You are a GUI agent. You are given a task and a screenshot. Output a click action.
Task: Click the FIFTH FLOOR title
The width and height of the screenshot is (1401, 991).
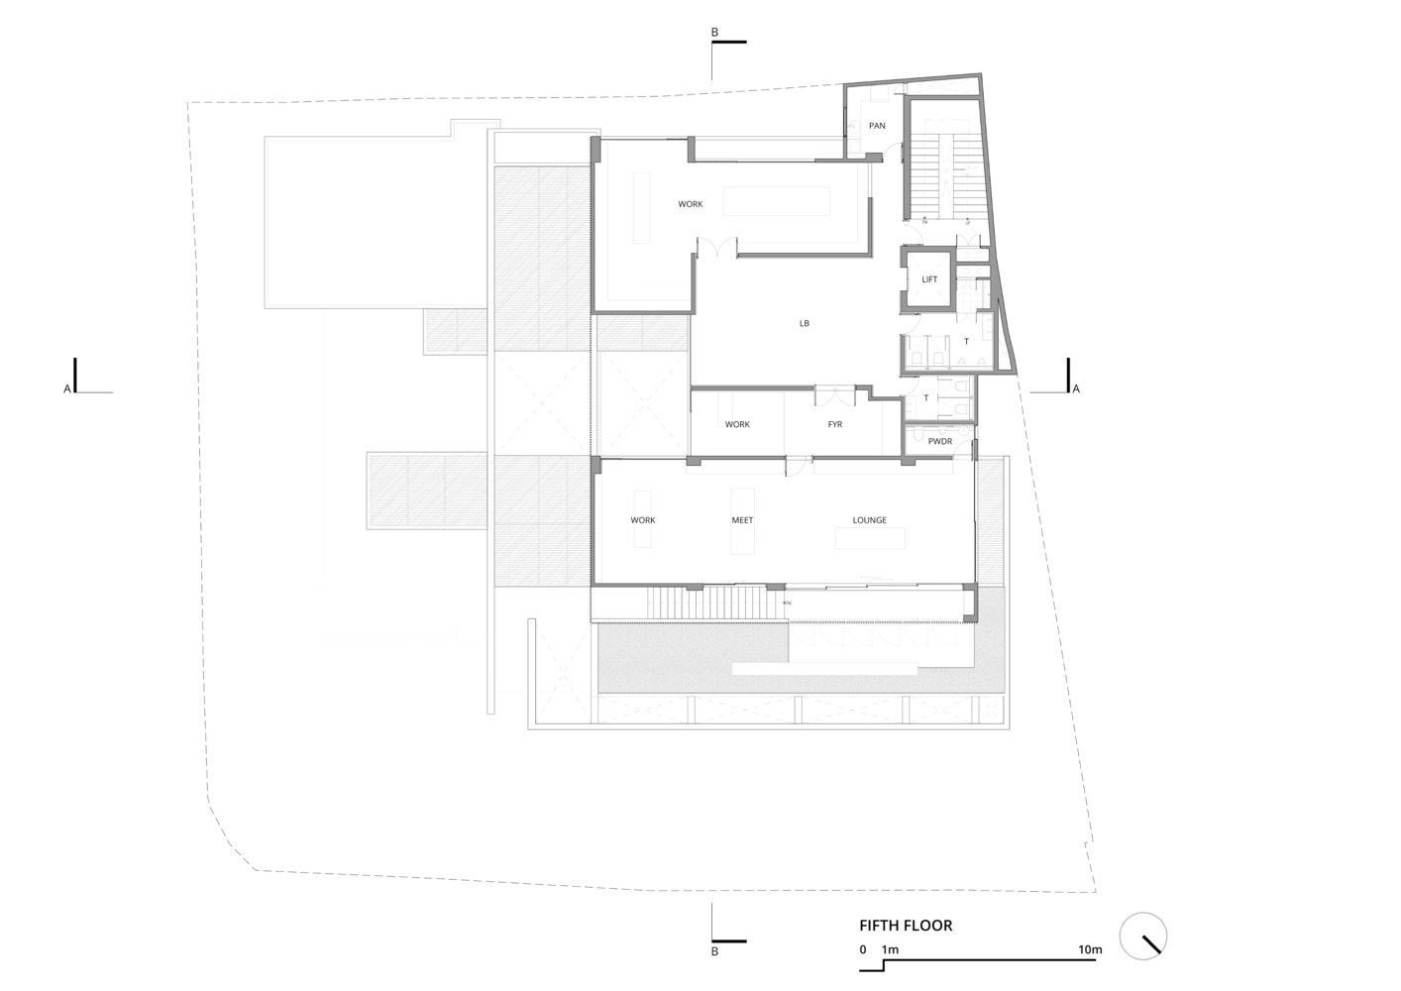click(906, 926)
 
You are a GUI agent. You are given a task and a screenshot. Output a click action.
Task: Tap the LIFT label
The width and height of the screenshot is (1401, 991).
click(929, 279)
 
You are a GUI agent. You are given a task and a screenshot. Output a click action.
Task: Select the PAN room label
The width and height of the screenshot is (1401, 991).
click(877, 126)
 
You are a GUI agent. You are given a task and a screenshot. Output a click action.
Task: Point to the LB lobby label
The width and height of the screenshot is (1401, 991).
click(805, 323)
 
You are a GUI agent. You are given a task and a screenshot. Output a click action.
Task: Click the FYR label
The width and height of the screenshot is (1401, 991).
click(835, 424)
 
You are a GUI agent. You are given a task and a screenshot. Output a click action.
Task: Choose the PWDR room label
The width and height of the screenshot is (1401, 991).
click(940, 441)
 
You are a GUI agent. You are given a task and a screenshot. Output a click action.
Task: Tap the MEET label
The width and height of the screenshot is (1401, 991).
click(742, 520)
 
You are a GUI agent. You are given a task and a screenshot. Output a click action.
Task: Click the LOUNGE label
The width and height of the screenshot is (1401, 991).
click(869, 520)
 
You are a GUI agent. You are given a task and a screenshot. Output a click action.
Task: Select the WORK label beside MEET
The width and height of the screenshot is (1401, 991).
click(643, 520)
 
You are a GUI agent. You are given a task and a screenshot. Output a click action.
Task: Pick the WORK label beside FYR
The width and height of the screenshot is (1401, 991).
click(737, 424)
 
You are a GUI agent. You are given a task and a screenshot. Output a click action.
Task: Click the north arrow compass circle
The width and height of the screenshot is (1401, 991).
click(1142, 936)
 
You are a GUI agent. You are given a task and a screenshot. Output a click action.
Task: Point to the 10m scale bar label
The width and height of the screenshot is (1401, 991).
click(1090, 949)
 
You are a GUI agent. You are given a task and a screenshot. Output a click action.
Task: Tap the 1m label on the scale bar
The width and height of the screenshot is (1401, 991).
click(890, 949)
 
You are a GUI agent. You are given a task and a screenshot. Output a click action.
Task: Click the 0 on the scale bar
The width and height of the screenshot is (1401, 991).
click(863, 949)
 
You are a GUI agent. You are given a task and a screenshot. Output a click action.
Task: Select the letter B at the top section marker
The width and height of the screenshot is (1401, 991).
click(715, 33)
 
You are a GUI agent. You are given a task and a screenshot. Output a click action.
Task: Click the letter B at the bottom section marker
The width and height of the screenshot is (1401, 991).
click(715, 951)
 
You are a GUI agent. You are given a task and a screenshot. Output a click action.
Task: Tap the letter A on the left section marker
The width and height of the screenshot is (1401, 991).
click(67, 389)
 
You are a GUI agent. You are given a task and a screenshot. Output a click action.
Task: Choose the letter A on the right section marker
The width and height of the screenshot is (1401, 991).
click(1076, 389)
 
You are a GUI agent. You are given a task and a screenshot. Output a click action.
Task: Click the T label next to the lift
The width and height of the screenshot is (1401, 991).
click(966, 342)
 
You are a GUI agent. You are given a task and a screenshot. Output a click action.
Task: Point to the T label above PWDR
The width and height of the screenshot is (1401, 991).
click(926, 398)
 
